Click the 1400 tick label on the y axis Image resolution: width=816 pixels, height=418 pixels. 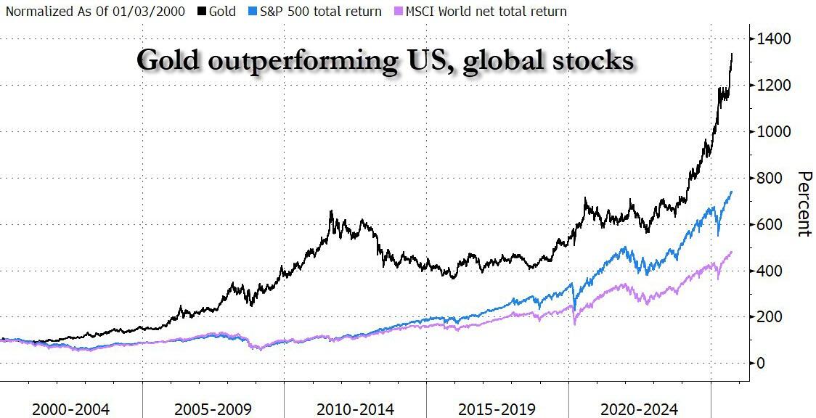coord(775,38)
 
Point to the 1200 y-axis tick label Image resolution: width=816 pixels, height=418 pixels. coord(775,85)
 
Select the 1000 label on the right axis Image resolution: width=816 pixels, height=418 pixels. coord(775,131)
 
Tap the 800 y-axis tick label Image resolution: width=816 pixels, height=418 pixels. coord(771,178)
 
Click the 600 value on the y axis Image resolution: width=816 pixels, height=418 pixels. coord(771,224)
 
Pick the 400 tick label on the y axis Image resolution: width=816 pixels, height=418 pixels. coord(771,271)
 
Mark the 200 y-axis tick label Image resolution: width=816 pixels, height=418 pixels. coord(771,316)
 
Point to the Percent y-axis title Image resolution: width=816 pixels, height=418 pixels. coord(804,204)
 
